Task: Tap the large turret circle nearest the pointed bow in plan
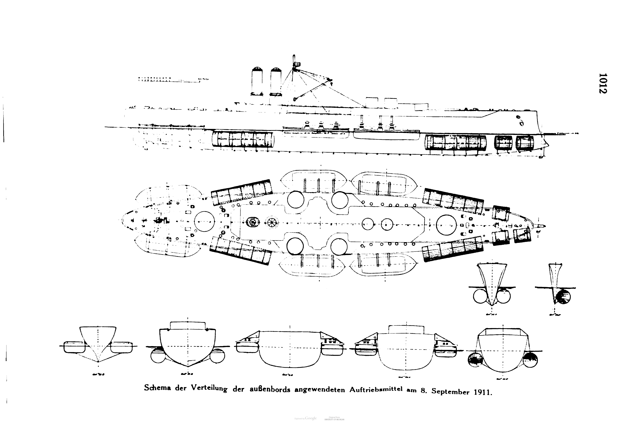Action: (446, 225)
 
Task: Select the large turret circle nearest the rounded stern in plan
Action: (204, 222)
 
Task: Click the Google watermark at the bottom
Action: (311, 418)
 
